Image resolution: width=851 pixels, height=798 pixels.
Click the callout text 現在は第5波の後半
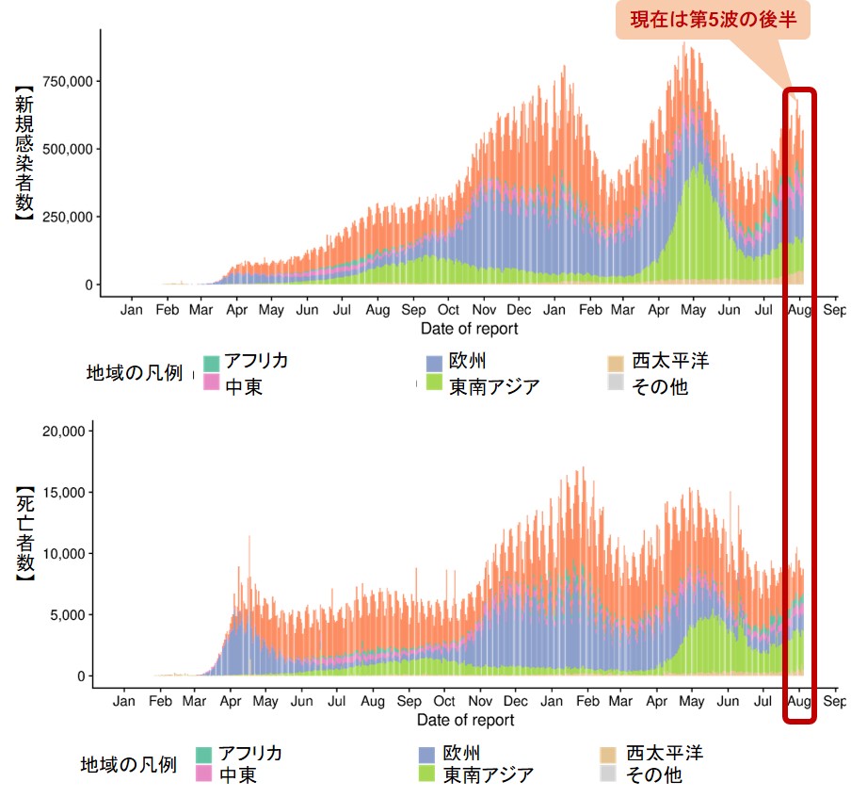[714, 19]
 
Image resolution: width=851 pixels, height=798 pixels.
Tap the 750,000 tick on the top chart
[63, 81]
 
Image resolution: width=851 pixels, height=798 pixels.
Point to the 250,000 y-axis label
[63, 217]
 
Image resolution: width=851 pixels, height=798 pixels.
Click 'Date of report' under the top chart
[470, 329]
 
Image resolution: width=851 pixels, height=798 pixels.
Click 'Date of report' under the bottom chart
[466, 720]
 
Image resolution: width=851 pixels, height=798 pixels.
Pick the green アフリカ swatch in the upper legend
[212, 363]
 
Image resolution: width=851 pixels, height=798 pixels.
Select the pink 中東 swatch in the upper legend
[212, 383]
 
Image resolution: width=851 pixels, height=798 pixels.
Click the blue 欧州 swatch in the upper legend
[434, 363]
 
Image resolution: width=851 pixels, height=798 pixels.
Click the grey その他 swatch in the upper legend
[617, 383]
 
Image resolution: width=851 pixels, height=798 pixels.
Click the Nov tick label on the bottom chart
[481, 701]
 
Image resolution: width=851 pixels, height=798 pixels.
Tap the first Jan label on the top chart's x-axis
[132, 309]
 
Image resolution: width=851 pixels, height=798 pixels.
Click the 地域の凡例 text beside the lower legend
[128, 765]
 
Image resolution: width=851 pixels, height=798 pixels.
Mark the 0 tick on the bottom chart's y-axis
[83, 676]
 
